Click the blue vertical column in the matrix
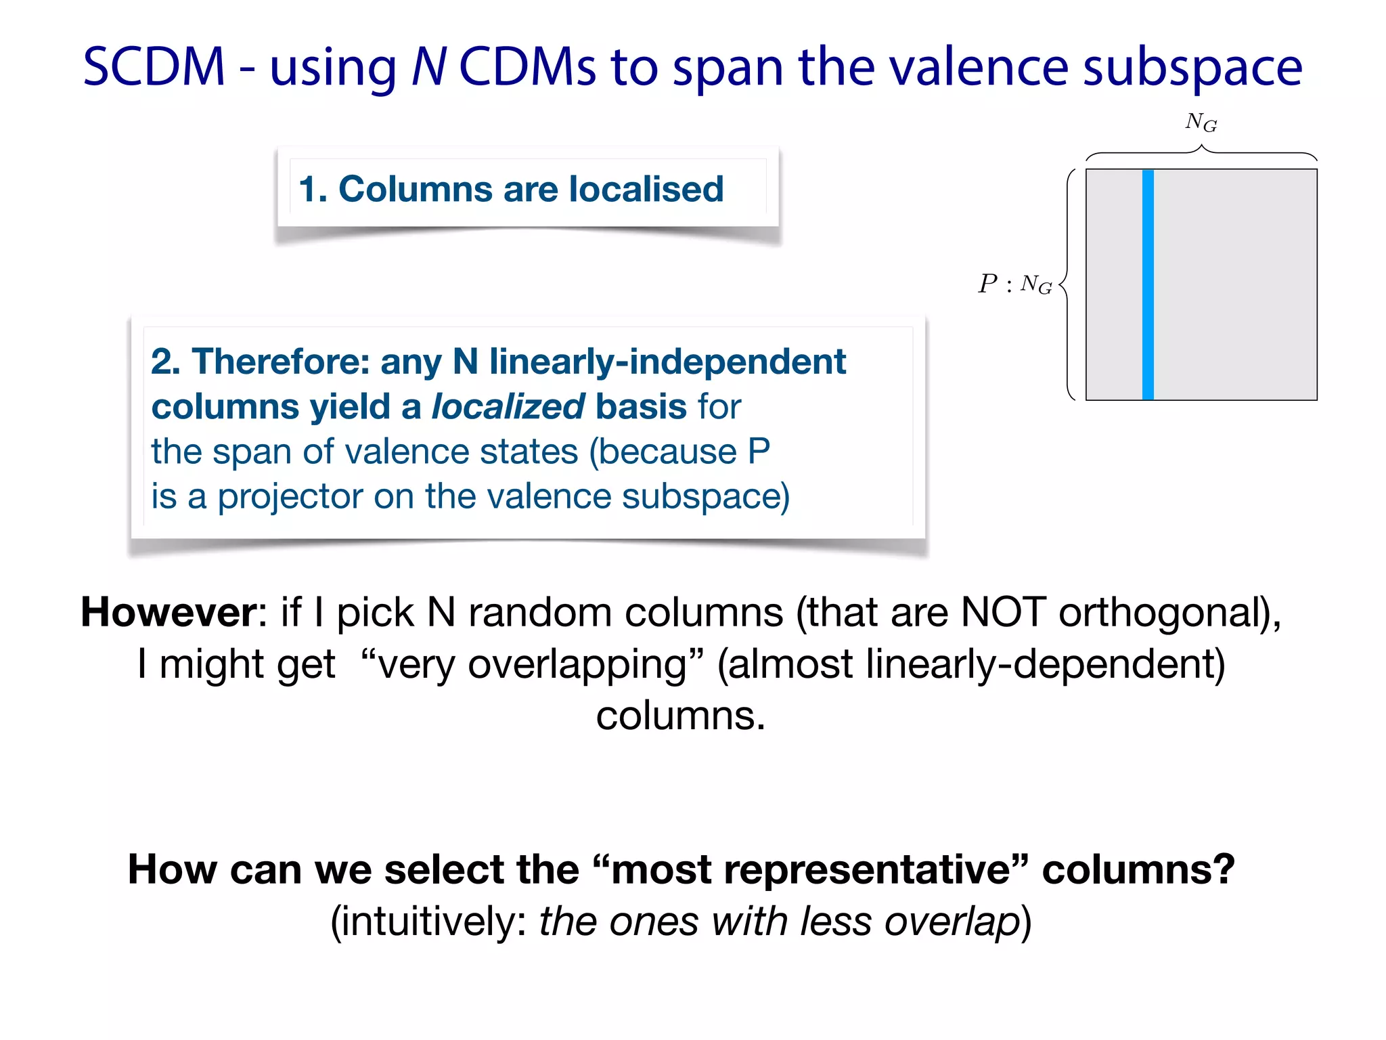pos(1148,284)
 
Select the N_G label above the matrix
pos(1201,123)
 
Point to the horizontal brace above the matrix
pos(1201,153)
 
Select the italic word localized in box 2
pos(508,406)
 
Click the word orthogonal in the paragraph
pos(1163,612)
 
